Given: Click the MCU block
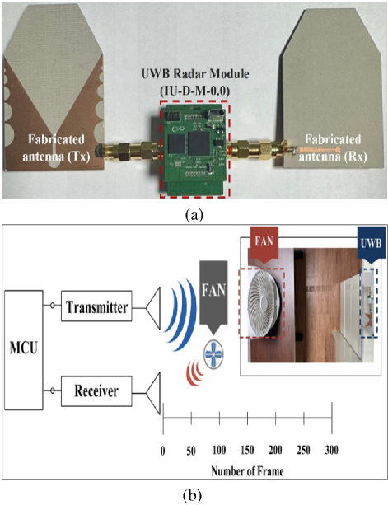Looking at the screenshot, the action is [24, 350].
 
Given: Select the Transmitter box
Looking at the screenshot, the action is [96, 306].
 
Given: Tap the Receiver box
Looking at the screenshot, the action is [96, 391].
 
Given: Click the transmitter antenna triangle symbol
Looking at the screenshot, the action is [153, 308].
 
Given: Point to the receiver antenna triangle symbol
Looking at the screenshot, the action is [153, 393].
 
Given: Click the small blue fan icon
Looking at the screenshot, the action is [213, 354].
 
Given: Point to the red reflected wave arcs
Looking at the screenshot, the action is [194, 372].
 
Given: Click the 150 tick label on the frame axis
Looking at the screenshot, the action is [247, 450].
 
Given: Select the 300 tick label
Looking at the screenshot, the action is [331, 450].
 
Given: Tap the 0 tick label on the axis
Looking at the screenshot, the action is [163, 451].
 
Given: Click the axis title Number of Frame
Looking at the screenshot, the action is [247, 471].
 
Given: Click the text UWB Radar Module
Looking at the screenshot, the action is [195, 74].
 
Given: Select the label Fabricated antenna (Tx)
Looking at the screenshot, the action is [56, 147].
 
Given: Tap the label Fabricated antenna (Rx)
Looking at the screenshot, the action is [333, 147].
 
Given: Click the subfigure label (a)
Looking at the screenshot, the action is [194, 215].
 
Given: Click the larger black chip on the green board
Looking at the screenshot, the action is [199, 143].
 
